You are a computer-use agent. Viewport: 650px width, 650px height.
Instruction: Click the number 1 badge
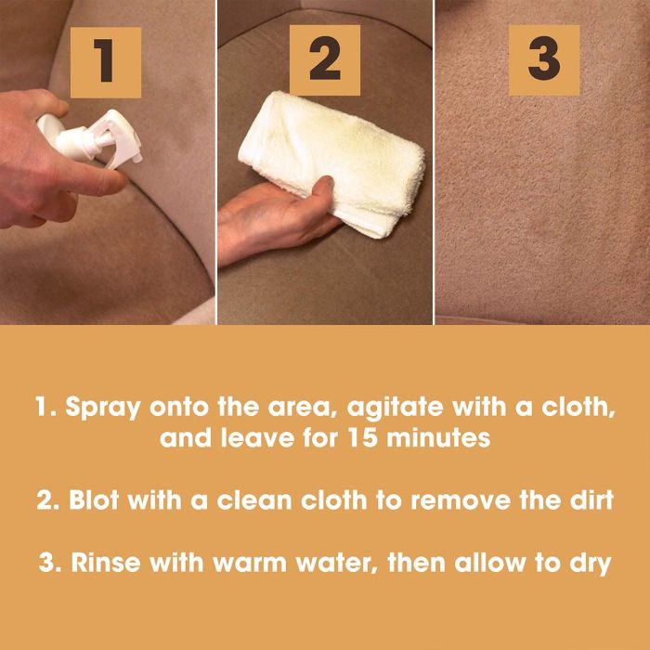[106, 62]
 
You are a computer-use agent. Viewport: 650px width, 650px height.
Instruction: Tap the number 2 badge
[325, 60]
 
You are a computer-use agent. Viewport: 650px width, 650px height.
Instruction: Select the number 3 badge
[544, 60]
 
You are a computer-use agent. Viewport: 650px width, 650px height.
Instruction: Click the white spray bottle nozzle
[117, 138]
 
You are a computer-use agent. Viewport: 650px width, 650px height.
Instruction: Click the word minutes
[438, 438]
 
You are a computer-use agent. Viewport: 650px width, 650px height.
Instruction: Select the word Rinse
[106, 563]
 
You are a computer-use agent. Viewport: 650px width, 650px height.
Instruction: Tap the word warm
[250, 564]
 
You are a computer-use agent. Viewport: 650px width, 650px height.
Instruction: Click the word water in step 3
[336, 564]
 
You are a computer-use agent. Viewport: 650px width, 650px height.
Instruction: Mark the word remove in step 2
[461, 500]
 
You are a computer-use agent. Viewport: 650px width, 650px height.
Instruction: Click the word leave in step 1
[257, 438]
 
